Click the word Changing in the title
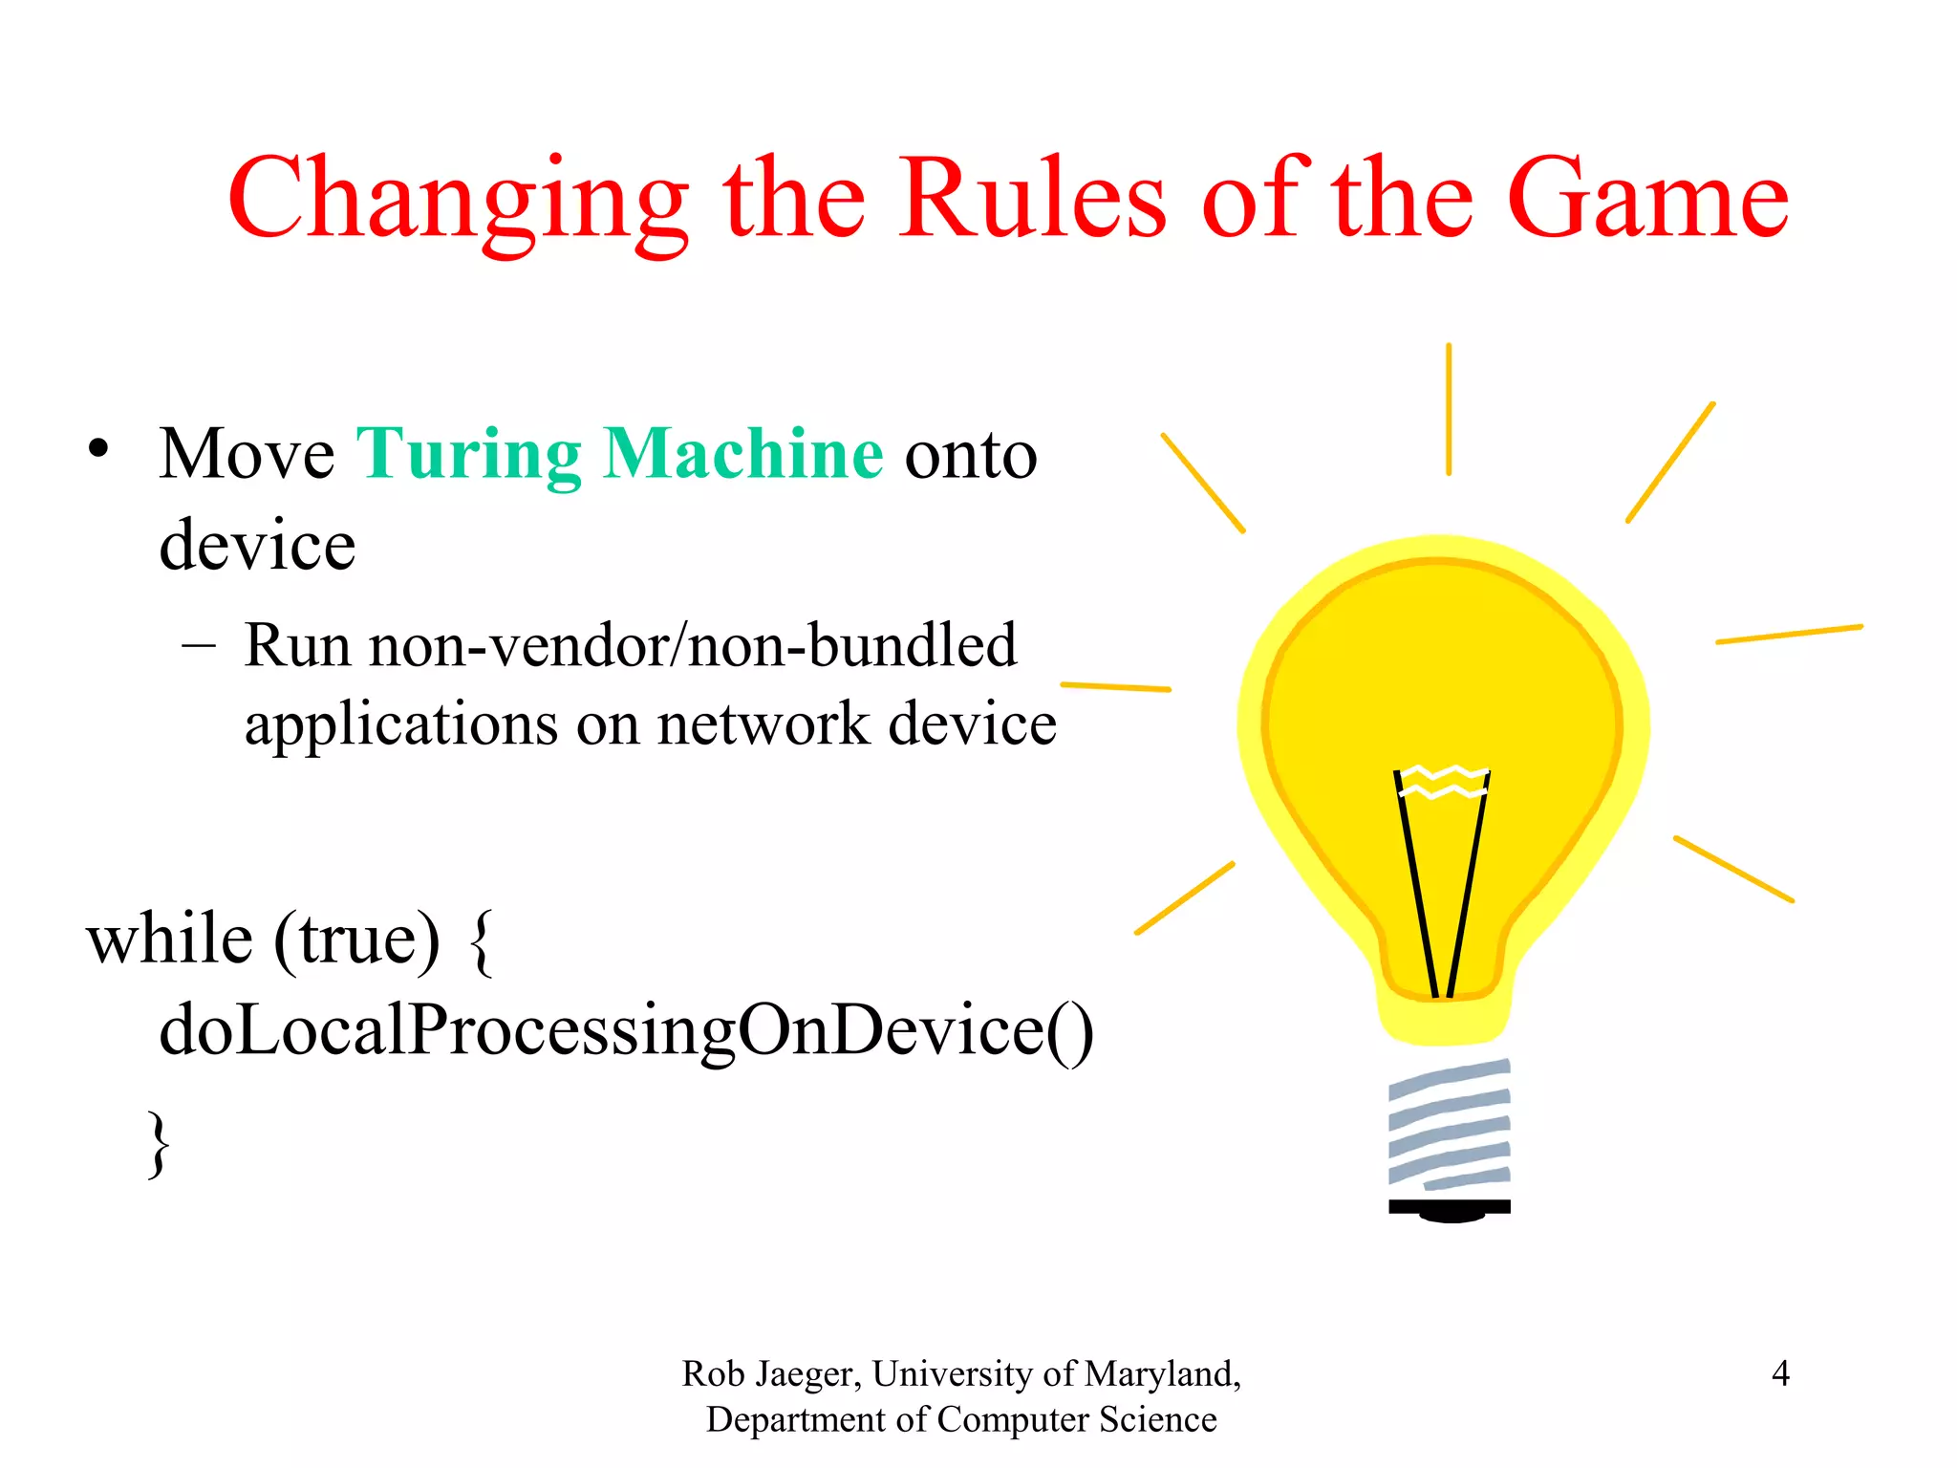coord(458,201)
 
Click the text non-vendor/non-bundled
coord(693,645)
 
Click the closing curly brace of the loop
coord(160,1143)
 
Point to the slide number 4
coord(1779,1373)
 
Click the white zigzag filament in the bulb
coord(1443,781)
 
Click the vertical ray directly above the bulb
coord(1448,409)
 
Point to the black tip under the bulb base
coord(1451,1214)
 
